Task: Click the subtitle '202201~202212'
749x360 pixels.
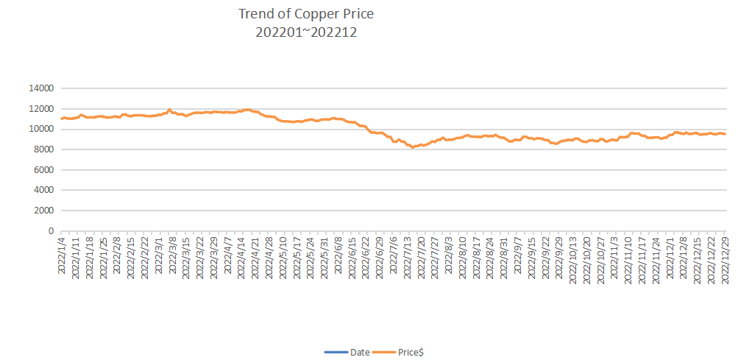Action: [x=306, y=32]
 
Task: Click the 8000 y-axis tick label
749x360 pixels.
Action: [x=43, y=149]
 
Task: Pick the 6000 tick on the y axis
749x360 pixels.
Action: [x=43, y=169]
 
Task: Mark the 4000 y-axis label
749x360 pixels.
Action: [x=43, y=190]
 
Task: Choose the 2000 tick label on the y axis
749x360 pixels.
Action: [x=43, y=211]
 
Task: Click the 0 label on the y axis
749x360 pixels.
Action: [x=51, y=231]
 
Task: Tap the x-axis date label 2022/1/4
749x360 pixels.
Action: [x=62, y=254]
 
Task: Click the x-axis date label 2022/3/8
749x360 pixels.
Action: [x=172, y=254]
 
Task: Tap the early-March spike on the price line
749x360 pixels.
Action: [x=169, y=110]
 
